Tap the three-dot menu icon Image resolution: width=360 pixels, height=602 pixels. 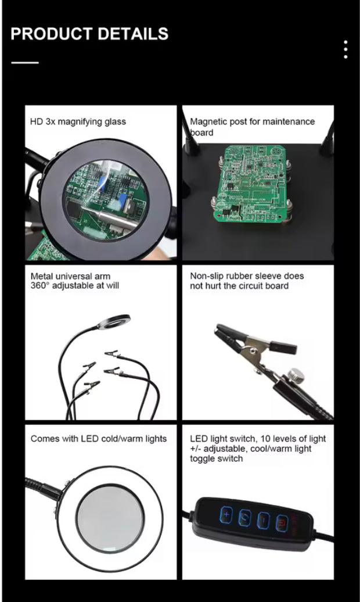[x=345, y=49]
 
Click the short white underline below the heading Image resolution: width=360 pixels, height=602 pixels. [x=24, y=62]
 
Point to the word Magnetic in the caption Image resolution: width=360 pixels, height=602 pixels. [x=207, y=121]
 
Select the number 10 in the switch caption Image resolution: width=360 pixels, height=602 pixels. [x=263, y=438]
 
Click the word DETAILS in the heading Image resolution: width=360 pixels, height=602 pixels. [x=132, y=34]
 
